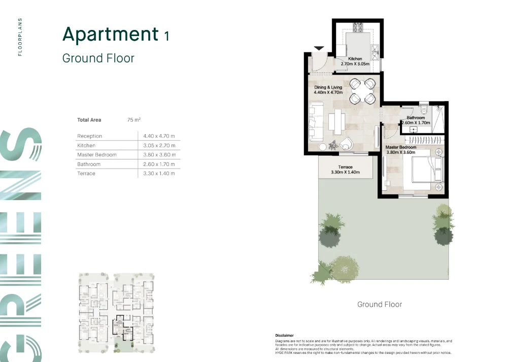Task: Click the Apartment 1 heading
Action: (x=116, y=34)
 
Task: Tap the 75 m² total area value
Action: (x=134, y=120)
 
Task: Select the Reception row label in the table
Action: (x=89, y=136)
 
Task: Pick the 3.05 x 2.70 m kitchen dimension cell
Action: (x=159, y=145)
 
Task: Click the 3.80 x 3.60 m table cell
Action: (x=159, y=155)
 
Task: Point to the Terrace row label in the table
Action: (x=86, y=174)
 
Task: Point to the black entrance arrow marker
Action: (x=319, y=48)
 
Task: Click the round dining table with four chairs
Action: (x=363, y=91)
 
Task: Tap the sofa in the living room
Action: (x=316, y=122)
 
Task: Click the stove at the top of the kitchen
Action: (x=358, y=27)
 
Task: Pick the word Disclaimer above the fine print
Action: (x=284, y=336)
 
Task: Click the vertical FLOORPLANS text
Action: (x=20, y=37)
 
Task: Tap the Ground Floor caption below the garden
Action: (x=380, y=304)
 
